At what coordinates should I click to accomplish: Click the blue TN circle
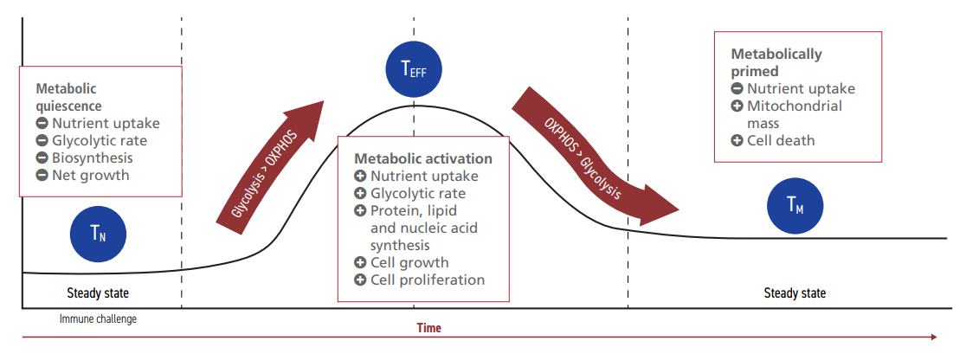(x=98, y=232)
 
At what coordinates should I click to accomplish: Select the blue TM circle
(x=795, y=206)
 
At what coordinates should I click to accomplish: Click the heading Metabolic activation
(x=423, y=158)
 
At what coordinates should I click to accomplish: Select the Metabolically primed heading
(x=776, y=62)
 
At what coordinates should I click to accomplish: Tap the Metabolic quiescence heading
(x=68, y=97)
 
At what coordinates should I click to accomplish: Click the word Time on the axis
(x=428, y=328)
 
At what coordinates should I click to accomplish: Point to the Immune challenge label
(x=98, y=318)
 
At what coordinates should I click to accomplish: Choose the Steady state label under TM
(x=795, y=293)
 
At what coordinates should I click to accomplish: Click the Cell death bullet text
(x=781, y=140)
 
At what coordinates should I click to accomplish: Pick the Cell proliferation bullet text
(x=428, y=280)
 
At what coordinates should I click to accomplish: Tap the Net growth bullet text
(x=91, y=175)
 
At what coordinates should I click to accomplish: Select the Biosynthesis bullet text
(x=93, y=157)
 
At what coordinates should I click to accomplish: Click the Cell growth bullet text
(x=409, y=262)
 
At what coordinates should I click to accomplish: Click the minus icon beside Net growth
(x=42, y=175)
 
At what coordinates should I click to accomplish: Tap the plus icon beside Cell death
(x=737, y=140)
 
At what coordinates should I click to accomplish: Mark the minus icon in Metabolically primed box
(x=737, y=88)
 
